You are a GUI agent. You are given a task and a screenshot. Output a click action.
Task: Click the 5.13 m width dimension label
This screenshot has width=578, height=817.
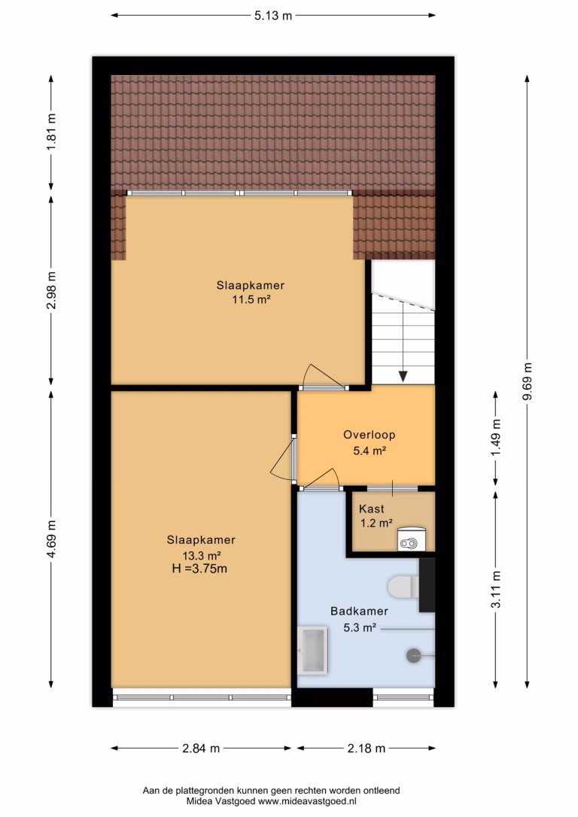[x=273, y=16]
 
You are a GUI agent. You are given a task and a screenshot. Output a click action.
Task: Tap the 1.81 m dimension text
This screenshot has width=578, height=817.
[x=51, y=132]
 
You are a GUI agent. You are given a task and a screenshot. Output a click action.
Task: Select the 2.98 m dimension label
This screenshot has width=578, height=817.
[x=51, y=290]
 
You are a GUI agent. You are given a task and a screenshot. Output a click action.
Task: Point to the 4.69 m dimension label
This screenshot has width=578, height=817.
[x=51, y=539]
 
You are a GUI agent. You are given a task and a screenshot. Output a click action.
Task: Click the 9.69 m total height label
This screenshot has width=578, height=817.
[x=528, y=381]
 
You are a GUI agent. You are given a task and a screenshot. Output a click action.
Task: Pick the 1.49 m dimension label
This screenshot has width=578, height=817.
[x=496, y=438]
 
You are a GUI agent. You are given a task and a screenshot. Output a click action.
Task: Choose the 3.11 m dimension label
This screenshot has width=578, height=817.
[x=496, y=589]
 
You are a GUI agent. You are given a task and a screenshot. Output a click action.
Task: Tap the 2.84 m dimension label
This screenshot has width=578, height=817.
[x=201, y=749]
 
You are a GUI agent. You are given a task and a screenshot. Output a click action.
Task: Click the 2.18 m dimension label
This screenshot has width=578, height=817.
[x=367, y=749]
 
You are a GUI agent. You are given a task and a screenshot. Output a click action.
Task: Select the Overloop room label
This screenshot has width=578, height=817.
[x=369, y=435]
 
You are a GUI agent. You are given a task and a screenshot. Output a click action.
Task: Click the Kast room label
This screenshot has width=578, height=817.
[x=372, y=509]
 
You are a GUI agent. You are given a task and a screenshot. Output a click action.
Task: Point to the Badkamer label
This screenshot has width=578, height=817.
[x=359, y=611]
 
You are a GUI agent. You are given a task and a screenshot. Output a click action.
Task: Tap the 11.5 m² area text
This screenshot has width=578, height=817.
[x=251, y=299]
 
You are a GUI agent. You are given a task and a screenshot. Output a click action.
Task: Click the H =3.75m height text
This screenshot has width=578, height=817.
[x=199, y=569]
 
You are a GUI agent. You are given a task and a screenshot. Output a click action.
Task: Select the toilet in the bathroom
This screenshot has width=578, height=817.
[x=403, y=587]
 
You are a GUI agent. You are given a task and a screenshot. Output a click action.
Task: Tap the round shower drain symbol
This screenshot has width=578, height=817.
[x=413, y=655]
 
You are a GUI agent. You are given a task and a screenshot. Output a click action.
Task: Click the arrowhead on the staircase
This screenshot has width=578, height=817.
[x=403, y=376]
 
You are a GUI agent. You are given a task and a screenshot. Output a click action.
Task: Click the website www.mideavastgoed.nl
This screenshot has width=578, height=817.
[x=307, y=802]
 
